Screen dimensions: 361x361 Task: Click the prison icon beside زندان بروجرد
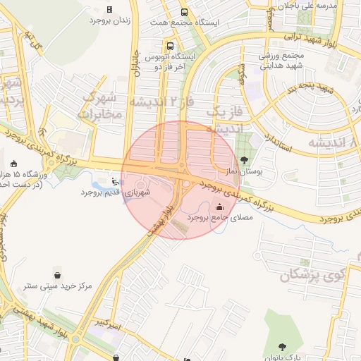click(x=109, y=9)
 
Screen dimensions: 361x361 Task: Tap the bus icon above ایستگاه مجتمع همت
click(x=184, y=12)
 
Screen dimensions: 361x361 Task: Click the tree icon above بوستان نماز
click(x=245, y=160)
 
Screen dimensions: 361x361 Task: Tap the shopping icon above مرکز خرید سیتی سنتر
click(x=57, y=275)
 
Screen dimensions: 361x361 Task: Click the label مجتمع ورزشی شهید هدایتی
click(x=282, y=61)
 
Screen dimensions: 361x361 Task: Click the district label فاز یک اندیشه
click(x=225, y=119)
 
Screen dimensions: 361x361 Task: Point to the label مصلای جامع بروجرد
click(x=221, y=219)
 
